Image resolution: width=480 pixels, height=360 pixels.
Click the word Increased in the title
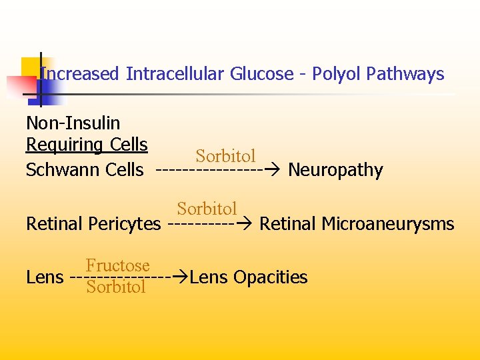tap(80, 74)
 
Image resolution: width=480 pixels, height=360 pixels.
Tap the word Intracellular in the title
tap(175, 74)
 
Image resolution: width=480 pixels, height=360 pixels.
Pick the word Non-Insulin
tap(73, 123)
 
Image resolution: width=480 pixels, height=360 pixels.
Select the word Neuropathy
tap(335, 171)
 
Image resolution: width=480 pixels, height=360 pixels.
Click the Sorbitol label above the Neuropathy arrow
tap(225, 156)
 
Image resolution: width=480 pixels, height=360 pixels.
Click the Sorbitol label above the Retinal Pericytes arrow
tap(207, 209)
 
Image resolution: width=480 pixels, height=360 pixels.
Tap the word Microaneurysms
tap(388, 224)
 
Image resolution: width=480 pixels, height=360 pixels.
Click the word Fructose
tap(117, 265)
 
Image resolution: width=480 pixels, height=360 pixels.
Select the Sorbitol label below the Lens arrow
tap(116, 287)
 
